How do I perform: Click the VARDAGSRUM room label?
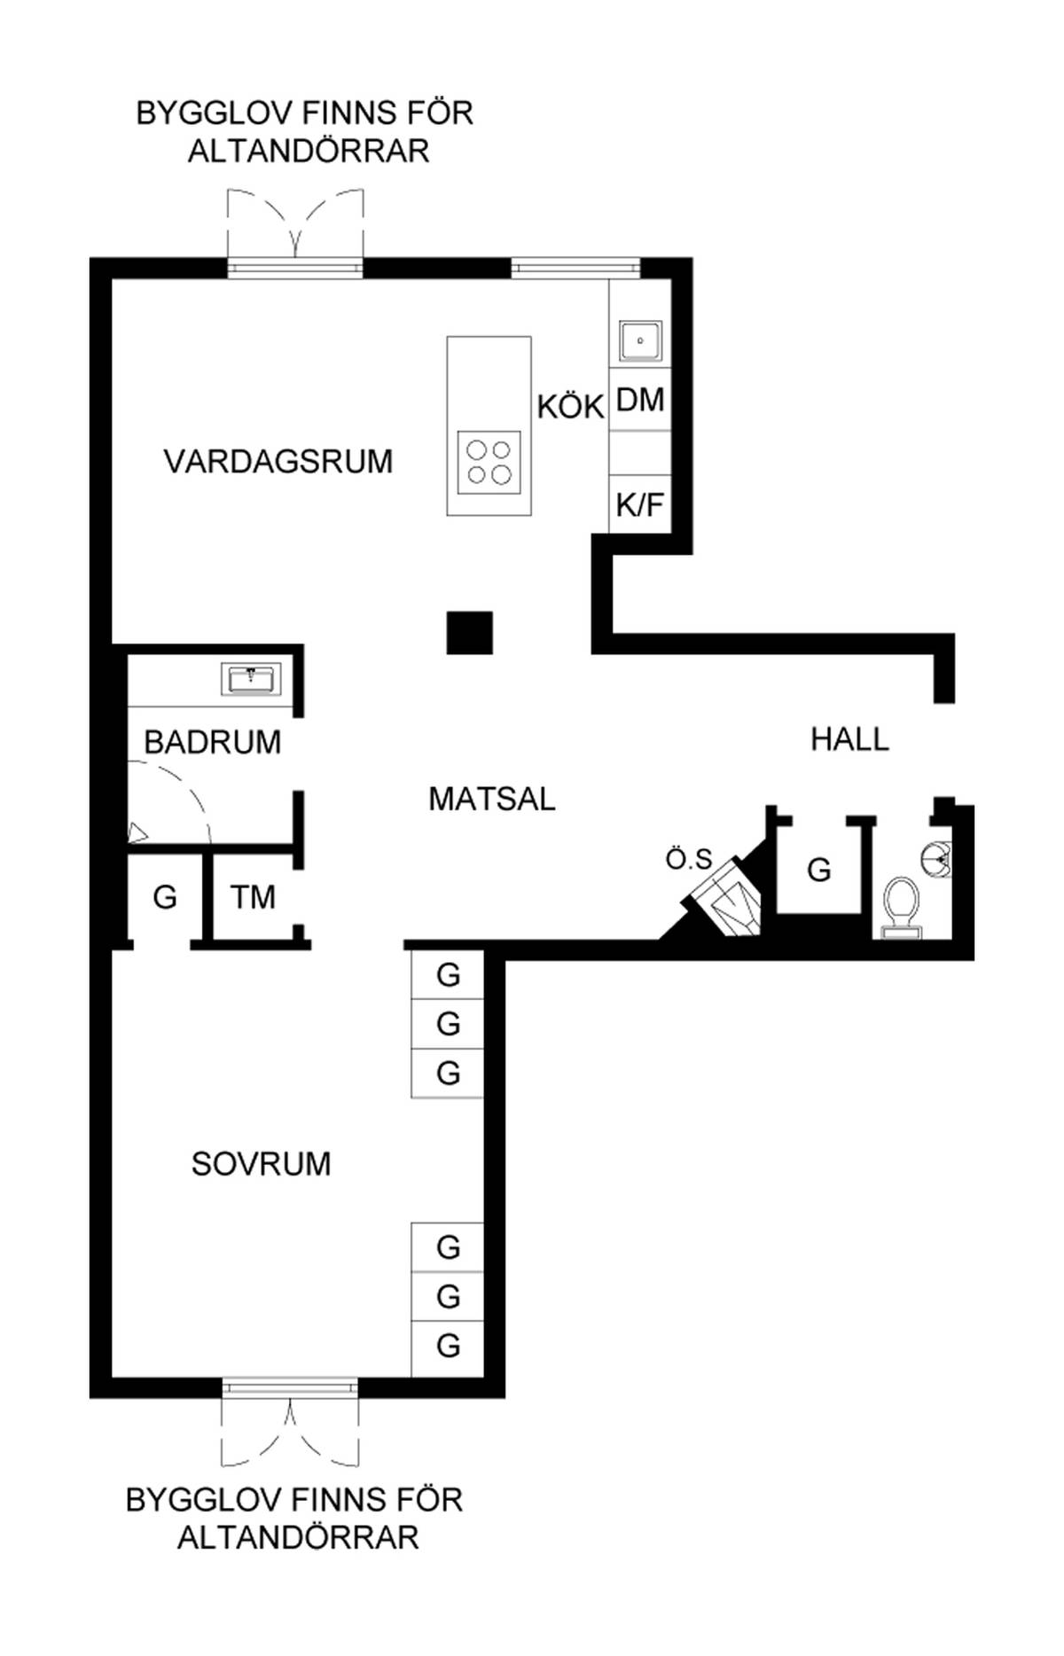click(278, 462)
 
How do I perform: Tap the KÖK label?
click(570, 407)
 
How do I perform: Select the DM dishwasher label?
click(640, 401)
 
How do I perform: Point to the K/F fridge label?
click(640, 505)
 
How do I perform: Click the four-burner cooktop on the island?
click(489, 463)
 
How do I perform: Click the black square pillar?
click(469, 633)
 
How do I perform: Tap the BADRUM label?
click(213, 742)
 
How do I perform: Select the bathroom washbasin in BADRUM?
click(252, 679)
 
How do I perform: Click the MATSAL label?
click(492, 799)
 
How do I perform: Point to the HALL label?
click(849, 739)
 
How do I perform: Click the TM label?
click(253, 897)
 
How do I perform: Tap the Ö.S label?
click(689, 859)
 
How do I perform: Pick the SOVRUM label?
click(262, 1164)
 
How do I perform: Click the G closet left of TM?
click(165, 897)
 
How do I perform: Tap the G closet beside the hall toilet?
click(819, 870)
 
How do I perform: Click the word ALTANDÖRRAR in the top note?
click(309, 152)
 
